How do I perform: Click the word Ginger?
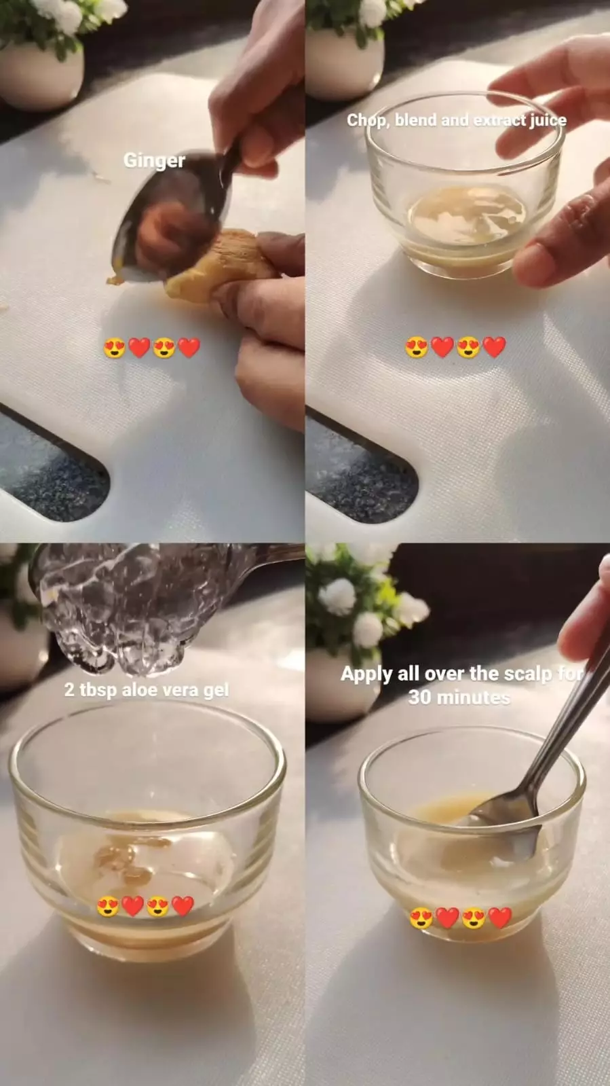[154, 160]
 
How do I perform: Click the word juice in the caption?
[548, 120]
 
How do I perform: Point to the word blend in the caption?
[415, 120]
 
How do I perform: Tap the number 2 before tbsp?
[69, 690]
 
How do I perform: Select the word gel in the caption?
[216, 690]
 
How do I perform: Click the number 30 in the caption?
[420, 698]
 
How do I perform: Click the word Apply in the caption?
[367, 674]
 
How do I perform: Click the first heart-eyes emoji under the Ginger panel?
[114, 348]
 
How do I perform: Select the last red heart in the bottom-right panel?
[500, 918]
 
